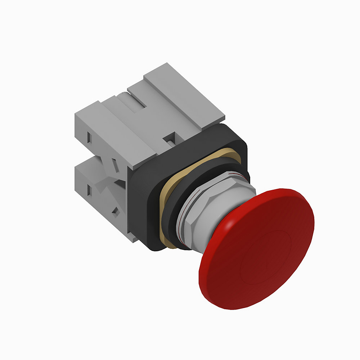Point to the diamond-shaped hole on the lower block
[116, 211]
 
